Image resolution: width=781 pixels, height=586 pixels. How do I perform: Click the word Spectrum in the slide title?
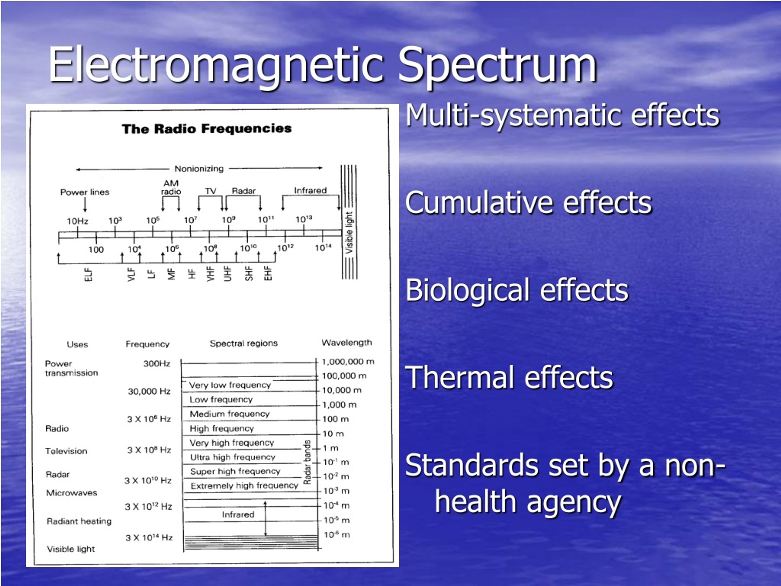pos(497,65)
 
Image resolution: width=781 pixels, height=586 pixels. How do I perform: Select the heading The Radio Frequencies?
pos(207,128)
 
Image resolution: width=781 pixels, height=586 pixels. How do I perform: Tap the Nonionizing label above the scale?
pos(199,169)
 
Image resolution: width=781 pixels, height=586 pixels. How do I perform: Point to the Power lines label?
pos(85,192)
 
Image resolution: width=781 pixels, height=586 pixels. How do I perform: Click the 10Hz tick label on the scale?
pos(77,221)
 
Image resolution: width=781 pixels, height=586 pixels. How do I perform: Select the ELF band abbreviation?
pos(88,274)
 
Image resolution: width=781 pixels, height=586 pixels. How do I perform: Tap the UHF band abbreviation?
pos(228,273)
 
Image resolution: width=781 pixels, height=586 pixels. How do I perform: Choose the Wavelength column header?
pos(346,343)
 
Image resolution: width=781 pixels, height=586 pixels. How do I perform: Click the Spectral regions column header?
pos(244,343)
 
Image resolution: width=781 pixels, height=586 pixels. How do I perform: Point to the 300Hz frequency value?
pos(157,364)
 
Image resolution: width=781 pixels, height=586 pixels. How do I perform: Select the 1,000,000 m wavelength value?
pos(348,362)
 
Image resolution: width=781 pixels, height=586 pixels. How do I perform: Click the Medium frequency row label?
pos(229,414)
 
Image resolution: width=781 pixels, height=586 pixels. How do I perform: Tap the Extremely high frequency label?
pos(244,486)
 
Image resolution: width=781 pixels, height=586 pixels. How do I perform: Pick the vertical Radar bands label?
pos(307,462)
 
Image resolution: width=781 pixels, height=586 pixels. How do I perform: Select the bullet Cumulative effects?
pos(528,203)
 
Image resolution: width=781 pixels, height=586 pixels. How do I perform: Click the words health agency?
pos(528,502)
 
